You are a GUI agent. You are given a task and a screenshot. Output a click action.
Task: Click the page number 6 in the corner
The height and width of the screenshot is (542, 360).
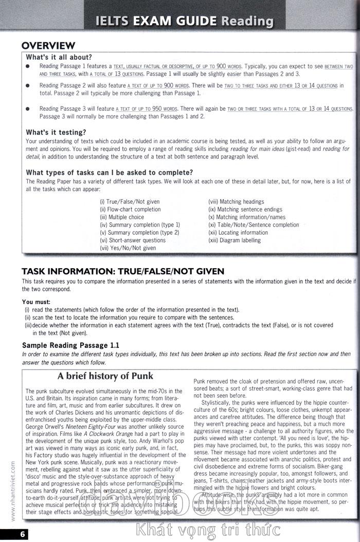point(9,534)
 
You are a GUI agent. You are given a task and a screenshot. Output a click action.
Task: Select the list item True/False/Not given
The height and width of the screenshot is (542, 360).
point(130,202)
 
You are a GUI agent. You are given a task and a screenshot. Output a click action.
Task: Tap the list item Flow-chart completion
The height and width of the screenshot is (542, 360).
point(130,209)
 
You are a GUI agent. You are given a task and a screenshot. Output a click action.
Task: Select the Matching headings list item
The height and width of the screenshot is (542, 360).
point(236,202)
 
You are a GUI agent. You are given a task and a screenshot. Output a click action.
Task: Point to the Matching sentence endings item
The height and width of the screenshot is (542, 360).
point(245,209)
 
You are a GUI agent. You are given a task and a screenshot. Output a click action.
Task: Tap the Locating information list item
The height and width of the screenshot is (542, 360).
point(238,233)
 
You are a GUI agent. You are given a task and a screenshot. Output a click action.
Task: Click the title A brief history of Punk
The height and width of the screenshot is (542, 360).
point(105,376)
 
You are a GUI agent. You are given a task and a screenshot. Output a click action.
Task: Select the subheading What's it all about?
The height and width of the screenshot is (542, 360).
point(59,57)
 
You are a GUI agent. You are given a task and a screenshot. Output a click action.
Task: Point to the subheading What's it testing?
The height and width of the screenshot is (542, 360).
point(56,132)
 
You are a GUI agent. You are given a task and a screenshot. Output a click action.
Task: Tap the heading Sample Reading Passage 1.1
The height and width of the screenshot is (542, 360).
point(70,345)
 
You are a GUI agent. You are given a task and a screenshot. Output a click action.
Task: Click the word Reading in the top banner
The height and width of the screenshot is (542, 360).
point(247,21)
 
